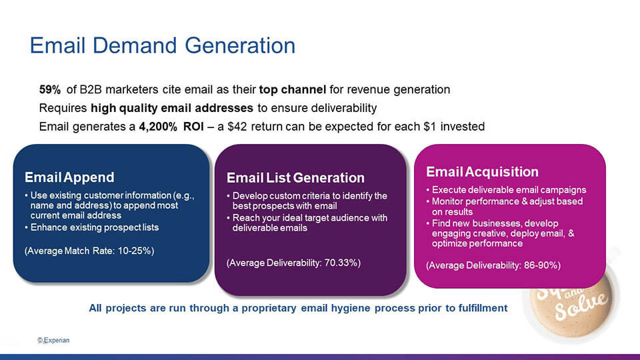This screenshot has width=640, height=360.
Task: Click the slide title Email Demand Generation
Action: click(x=163, y=45)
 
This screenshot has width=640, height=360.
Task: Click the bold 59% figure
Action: click(x=50, y=89)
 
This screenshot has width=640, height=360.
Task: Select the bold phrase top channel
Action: click(x=292, y=89)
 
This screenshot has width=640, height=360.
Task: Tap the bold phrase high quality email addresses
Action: click(x=172, y=108)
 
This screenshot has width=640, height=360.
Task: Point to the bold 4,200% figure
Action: click(x=158, y=127)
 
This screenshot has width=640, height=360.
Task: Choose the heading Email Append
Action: click(x=69, y=177)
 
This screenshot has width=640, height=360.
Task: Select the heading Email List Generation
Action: click(x=295, y=177)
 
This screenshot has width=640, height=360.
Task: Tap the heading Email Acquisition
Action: click(x=482, y=171)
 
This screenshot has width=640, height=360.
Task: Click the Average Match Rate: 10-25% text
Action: click(x=89, y=251)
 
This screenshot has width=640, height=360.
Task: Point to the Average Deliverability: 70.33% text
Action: click(x=293, y=263)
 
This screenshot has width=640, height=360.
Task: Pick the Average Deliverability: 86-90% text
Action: click(x=493, y=265)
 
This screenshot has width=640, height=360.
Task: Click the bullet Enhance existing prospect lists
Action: click(x=94, y=227)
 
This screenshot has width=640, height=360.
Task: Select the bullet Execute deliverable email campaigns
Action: click(x=509, y=190)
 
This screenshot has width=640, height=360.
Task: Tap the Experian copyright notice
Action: click(x=53, y=340)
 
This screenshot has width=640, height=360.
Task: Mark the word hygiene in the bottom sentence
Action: click(x=350, y=308)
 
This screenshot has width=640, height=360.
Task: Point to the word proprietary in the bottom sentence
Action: click(x=269, y=308)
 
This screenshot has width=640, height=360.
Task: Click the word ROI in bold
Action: click(x=193, y=127)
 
